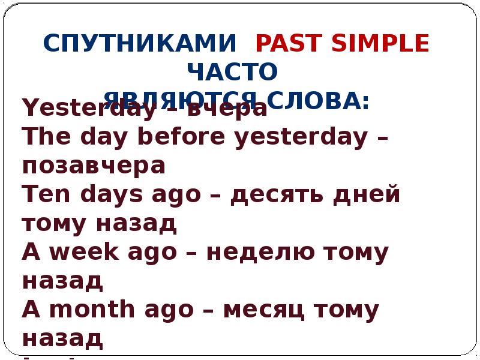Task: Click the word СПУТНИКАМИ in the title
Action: coord(140,44)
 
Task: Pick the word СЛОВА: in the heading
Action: coord(319,100)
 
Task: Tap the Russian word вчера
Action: coord(227,109)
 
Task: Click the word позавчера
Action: coord(94,166)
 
